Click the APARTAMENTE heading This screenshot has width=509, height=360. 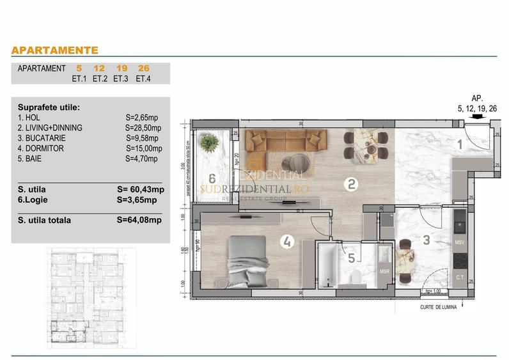[55, 50]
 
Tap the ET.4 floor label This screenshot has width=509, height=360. [141, 79]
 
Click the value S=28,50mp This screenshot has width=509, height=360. [143, 128]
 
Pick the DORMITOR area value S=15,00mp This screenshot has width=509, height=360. [143, 148]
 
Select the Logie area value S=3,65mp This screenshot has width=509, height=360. [138, 200]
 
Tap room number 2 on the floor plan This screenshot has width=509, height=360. [351, 185]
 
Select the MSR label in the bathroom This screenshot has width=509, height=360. [384, 272]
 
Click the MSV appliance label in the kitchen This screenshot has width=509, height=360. [459, 243]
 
